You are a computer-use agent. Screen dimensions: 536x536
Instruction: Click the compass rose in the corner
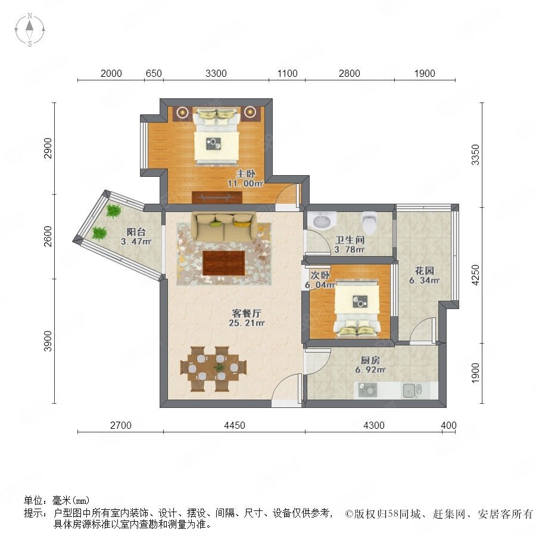30,30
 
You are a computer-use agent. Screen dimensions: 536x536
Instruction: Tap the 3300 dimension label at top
216,73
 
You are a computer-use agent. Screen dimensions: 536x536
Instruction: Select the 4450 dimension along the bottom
235,425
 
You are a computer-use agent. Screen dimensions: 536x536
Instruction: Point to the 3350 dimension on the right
475,155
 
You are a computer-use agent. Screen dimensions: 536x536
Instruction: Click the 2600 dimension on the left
48,236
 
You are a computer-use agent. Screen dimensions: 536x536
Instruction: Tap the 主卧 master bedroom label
246,174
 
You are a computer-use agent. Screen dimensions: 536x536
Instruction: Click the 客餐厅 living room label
247,313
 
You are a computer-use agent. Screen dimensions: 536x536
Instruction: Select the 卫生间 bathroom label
350,240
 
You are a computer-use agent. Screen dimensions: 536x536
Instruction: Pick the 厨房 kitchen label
370,360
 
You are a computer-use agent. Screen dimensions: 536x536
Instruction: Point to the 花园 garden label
424,271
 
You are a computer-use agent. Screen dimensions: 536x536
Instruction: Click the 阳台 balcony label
136,232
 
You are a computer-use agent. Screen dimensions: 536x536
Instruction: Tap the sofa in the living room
225,227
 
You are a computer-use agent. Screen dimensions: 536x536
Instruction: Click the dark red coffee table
224,263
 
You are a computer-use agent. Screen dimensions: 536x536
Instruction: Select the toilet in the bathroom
369,221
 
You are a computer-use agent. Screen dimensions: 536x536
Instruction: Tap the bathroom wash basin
322,220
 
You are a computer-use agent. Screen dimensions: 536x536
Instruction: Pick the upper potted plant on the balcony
113,211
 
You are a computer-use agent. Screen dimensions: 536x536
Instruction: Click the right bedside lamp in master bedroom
250,111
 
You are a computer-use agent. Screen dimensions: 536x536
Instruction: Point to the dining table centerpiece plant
219,367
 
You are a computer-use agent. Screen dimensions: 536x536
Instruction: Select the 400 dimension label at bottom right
448,425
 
